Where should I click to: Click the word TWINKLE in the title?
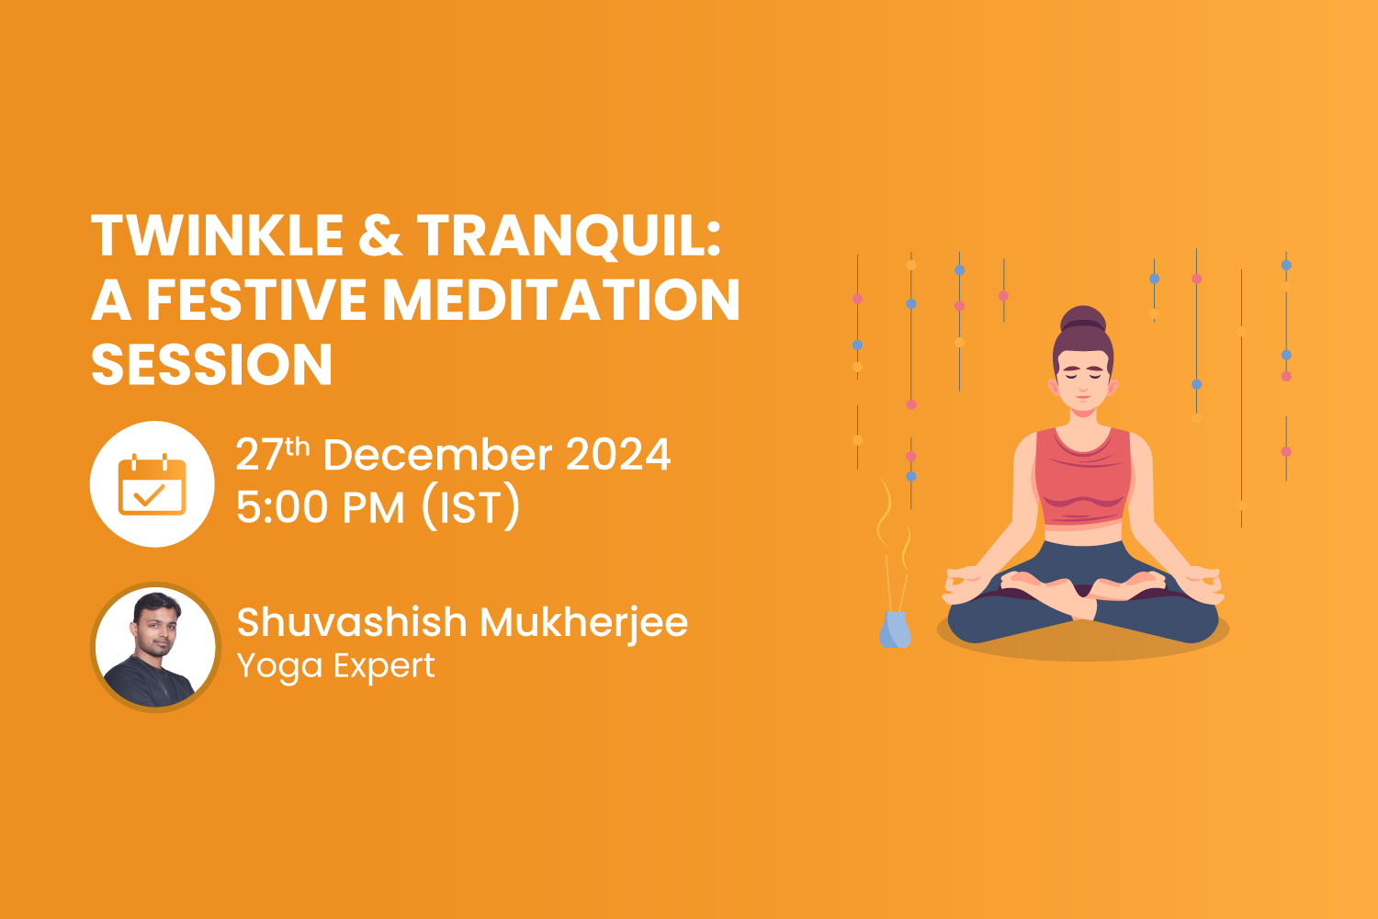[217, 235]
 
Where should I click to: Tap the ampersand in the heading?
[380, 235]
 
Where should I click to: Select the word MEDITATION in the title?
[560, 301]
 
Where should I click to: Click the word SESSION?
[211, 365]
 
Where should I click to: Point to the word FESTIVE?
[259, 301]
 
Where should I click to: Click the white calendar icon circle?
[152, 484]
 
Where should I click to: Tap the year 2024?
[617, 455]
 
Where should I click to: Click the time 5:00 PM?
[320, 507]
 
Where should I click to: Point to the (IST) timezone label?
[470, 507]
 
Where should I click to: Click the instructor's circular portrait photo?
[155, 647]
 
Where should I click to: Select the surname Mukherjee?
[583, 623]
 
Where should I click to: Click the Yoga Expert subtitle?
[335, 665]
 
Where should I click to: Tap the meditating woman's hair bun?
[1083, 320]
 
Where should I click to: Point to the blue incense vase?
[894, 630]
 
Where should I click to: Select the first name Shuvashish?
[352, 622]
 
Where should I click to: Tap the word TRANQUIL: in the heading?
[570, 235]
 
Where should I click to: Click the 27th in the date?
[272, 455]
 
